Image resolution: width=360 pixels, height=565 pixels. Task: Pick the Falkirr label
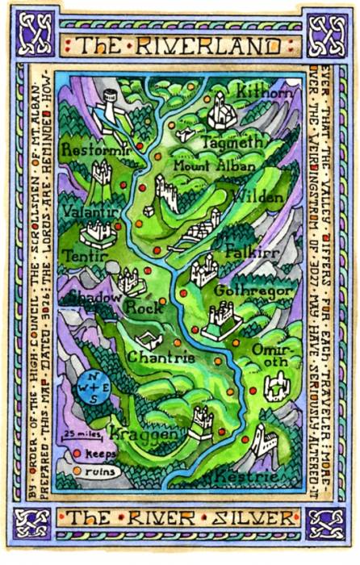[x=247, y=249]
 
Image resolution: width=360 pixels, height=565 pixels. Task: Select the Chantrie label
[x=161, y=358]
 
